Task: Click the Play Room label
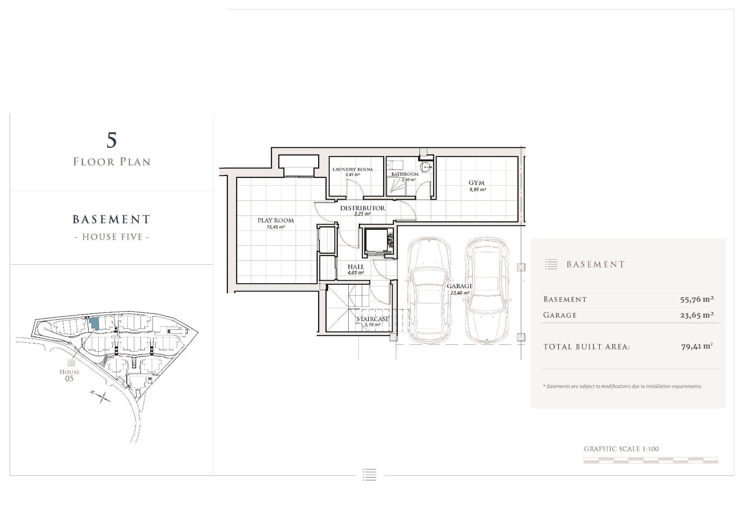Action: click(x=276, y=220)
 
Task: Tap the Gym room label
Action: click(x=476, y=183)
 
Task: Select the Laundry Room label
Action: click(x=353, y=169)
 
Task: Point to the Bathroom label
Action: click(x=405, y=174)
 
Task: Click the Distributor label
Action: click(x=363, y=208)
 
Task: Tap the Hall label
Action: click(x=356, y=267)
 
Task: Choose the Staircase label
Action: click(x=372, y=319)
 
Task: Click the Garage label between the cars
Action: click(x=460, y=286)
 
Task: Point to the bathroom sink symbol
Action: click(x=426, y=167)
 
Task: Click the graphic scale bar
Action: click(x=651, y=460)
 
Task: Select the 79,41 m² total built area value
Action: click(x=697, y=346)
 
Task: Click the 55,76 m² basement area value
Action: click(x=697, y=299)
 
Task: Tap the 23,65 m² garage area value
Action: click(x=697, y=315)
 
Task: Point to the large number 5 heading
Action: click(x=111, y=140)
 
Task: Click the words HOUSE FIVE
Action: click(x=112, y=237)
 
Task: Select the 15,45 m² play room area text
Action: click(x=276, y=227)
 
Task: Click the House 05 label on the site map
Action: click(x=69, y=375)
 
